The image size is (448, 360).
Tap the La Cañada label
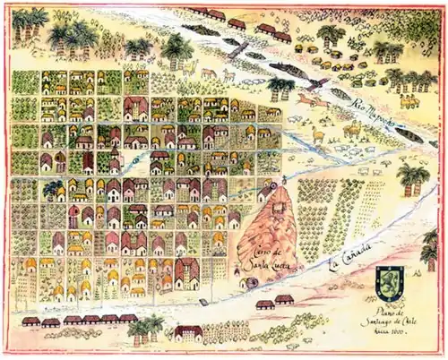pyautogui.click(x=348, y=261)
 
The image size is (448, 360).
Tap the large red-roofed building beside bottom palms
pyautogui.click(x=188, y=333)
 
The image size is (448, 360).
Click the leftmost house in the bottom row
pyautogui.click(x=30, y=321)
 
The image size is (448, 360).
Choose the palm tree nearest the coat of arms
pyautogui.click(x=412, y=179)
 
